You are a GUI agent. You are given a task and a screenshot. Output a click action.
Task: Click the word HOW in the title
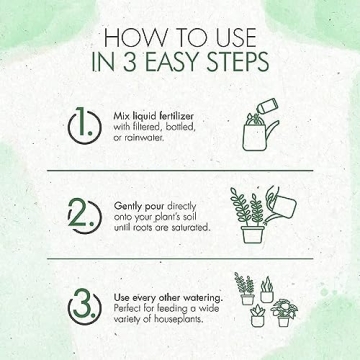click(x=133, y=38)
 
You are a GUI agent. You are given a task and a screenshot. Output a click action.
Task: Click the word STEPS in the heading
click(x=238, y=62)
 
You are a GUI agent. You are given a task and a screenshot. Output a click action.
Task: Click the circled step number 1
click(x=84, y=126)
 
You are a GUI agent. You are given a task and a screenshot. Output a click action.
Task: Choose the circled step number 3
click(x=84, y=304)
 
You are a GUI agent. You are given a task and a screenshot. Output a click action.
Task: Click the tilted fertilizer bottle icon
click(x=267, y=107)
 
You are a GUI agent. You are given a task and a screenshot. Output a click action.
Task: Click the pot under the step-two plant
click(x=252, y=235)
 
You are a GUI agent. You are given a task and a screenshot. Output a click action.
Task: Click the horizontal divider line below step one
click(x=180, y=171)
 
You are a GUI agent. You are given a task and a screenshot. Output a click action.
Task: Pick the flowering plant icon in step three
click(x=284, y=313)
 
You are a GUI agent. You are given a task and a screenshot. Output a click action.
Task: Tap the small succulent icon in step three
click(x=258, y=315)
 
